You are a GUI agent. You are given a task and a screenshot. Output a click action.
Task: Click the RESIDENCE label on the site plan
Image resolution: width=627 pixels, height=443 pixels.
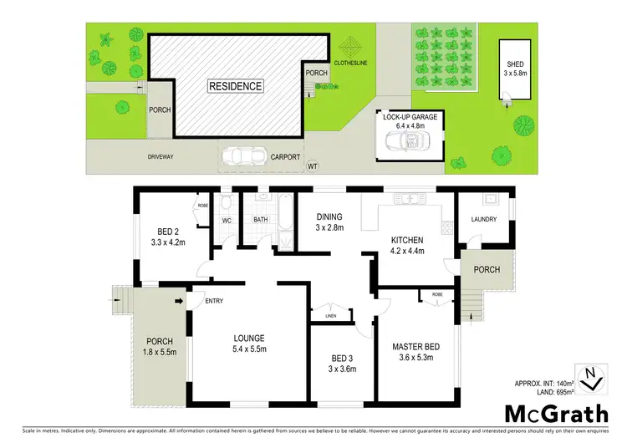(x=236, y=85)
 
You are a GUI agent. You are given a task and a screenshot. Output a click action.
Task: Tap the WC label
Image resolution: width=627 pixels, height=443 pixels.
(x=226, y=221)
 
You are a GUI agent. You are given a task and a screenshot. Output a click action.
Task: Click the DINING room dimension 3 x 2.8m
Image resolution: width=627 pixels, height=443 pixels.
(x=329, y=228)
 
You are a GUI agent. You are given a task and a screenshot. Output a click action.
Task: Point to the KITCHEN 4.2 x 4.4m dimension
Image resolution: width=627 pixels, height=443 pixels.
(x=409, y=250)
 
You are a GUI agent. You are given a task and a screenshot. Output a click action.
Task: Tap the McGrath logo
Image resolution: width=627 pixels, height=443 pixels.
(x=555, y=413)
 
